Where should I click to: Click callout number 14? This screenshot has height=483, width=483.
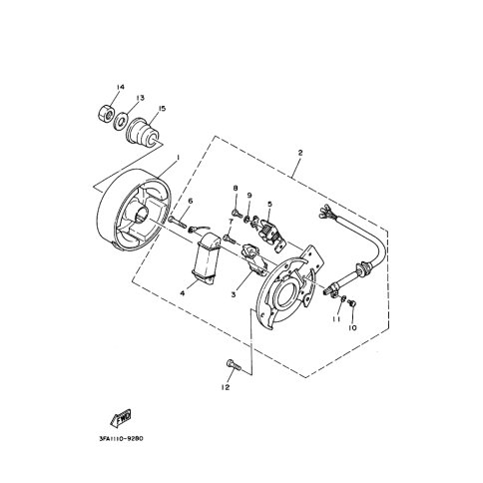tap(120, 87)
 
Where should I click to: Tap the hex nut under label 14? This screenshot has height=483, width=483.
tap(107, 114)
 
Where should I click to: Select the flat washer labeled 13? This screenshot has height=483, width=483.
tap(120, 121)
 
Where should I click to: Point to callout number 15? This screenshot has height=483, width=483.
tap(162, 109)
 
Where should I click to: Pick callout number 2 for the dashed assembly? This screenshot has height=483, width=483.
tap(300, 153)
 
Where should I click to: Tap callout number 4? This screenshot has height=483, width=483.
tap(182, 293)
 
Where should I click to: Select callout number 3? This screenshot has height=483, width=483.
tap(234, 294)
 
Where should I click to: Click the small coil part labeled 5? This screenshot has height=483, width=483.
tap(270, 230)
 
